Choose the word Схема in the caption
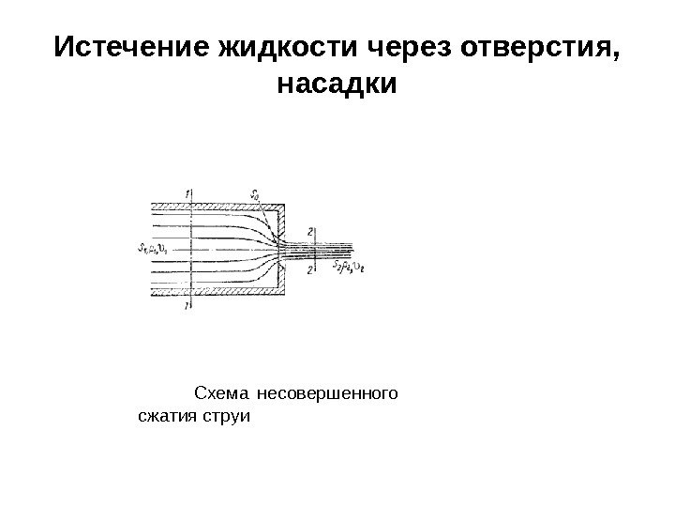[x=219, y=392]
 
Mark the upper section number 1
[x=189, y=194]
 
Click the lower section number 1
[x=189, y=304]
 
